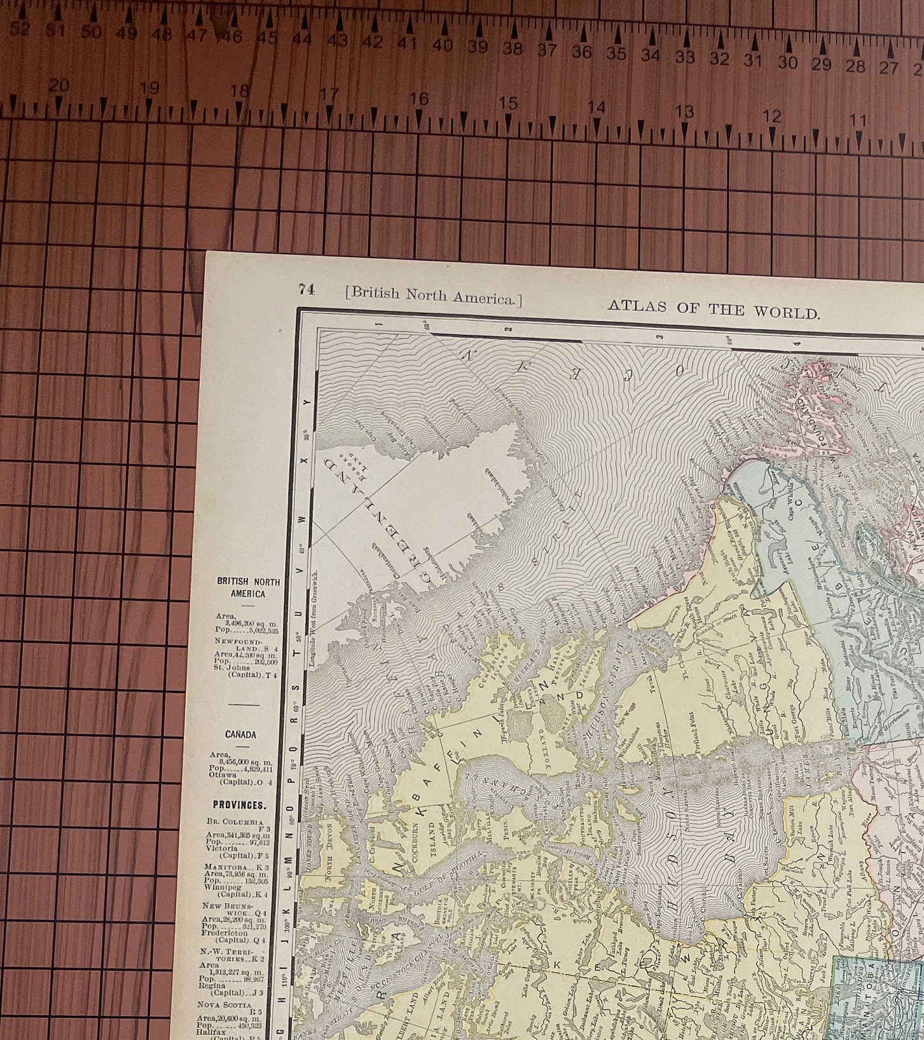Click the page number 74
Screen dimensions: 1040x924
(x=307, y=289)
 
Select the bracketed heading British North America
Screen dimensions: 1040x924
(x=433, y=295)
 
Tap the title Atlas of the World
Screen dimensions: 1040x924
(x=714, y=310)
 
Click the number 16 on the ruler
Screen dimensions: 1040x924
(x=418, y=99)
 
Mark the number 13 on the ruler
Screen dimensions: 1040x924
(x=684, y=112)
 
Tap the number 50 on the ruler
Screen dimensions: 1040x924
(x=91, y=32)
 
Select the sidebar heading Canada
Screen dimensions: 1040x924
(x=240, y=734)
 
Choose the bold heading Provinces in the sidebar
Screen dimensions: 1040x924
(x=240, y=805)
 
